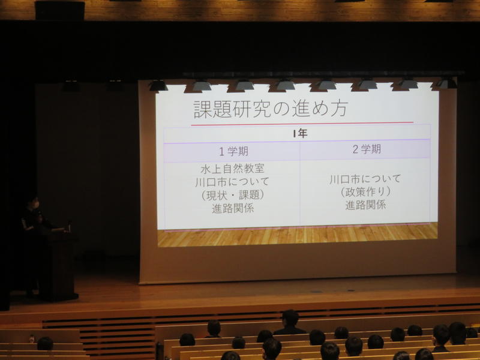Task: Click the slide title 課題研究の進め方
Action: [271, 109]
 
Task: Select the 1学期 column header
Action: [233, 151]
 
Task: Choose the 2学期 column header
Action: [367, 149]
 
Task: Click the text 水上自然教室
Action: [232, 169]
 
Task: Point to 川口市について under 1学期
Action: [232, 182]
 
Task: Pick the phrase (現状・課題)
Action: [233, 195]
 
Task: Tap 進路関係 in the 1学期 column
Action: [233, 208]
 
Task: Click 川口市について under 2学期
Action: [365, 179]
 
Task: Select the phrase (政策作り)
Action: [365, 192]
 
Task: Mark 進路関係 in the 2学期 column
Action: [365, 205]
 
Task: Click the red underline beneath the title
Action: [302, 124]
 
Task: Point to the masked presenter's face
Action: [34, 203]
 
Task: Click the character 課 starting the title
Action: [203, 110]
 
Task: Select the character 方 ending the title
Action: [338, 108]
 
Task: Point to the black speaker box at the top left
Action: [59, 10]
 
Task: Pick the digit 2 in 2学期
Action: [355, 149]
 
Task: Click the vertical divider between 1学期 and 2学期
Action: [299, 184]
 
